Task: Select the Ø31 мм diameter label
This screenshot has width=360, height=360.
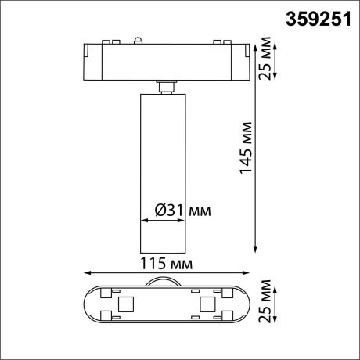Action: (182, 211)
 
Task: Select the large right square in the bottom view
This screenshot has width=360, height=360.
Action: (207, 304)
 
